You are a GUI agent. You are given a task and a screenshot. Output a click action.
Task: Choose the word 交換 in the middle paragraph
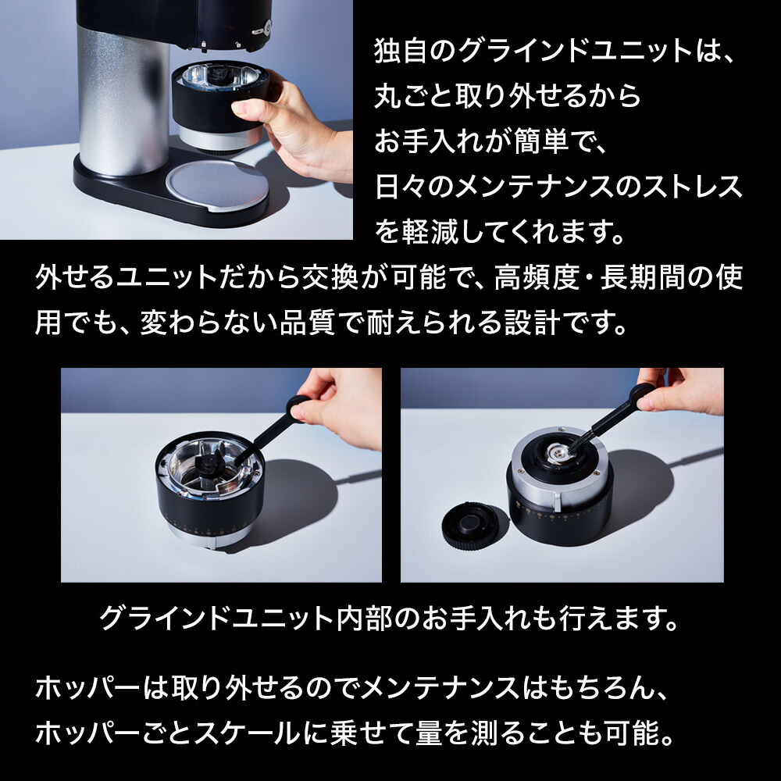pyautogui.click(x=330, y=277)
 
